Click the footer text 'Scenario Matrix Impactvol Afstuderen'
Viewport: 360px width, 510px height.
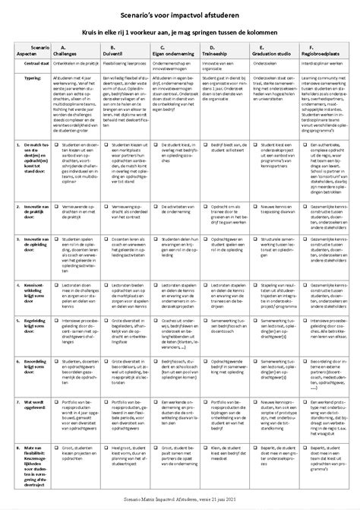[x=179, y=498]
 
